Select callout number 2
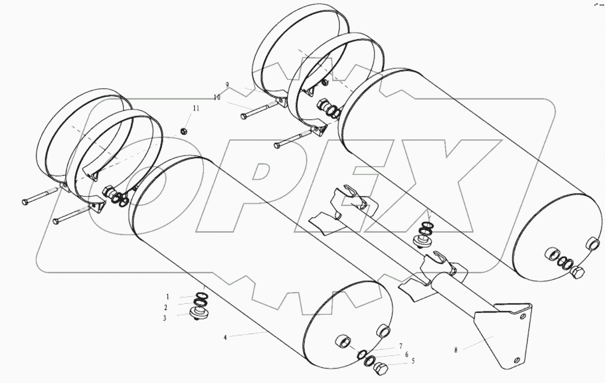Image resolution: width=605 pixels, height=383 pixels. click(166, 308)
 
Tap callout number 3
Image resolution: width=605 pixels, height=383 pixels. click(164, 318)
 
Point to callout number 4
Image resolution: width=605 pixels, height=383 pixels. click(225, 337)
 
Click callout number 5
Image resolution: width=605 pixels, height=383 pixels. click(413, 361)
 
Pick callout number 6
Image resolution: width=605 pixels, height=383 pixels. click(406, 354)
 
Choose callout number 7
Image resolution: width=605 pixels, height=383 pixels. click(400, 346)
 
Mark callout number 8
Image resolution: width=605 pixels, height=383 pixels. click(456, 350)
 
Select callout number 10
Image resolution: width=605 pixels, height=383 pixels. click(217, 98)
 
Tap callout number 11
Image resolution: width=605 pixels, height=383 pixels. click(196, 109)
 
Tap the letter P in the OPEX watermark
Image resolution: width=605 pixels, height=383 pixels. click(274, 188)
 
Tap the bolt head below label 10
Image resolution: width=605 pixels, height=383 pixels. click(244, 116)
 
